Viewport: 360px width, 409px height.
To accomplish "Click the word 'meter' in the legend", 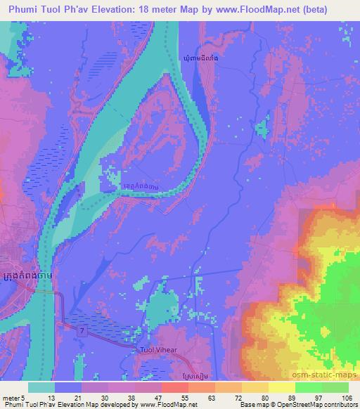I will [13, 397].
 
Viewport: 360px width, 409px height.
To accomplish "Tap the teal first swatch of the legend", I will [41, 387].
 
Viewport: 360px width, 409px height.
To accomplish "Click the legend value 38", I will [131, 397].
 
